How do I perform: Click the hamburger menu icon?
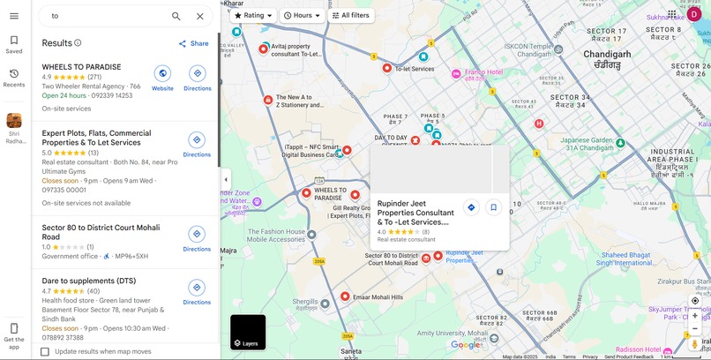[x=14, y=16]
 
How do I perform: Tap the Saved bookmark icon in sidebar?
[x=14, y=44]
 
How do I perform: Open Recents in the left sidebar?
[x=14, y=78]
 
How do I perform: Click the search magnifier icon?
[x=176, y=16]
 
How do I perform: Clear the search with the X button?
[x=200, y=16]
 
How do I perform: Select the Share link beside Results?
[x=193, y=43]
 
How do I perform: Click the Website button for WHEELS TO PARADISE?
[x=162, y=78]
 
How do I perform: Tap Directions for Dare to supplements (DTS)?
[x=197, y=292]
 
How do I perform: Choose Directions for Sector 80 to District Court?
[x=197, y=238]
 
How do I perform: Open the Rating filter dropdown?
[x=253, y=15]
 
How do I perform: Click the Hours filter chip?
[x=302, y=15]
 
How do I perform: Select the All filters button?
[x=351, y=15]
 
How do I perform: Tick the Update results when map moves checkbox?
[x=45, y=351]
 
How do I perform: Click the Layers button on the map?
[x=247, y=333]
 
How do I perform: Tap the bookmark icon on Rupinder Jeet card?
[x=493, y=207]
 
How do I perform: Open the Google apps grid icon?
[x=672, y=13]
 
